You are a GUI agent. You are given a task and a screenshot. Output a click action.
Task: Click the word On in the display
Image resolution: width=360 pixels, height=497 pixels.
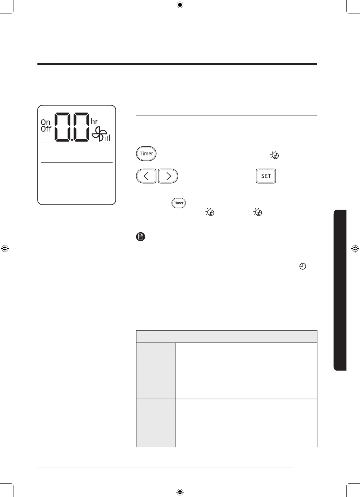pyautogui.click(x=45, y=122)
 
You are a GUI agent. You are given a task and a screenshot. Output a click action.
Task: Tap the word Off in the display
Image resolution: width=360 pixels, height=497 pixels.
pyautogui.click(x=46, y=129)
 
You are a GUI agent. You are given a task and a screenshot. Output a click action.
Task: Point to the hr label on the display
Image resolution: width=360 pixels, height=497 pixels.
pyautogui.click(x=94, y=122)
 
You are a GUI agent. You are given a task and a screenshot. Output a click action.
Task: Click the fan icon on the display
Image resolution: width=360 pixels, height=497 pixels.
pyautogui.click(x=98, y=134)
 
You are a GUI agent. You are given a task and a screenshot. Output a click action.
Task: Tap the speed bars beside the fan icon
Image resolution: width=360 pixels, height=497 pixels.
pyautogui.click(x=107, y=138)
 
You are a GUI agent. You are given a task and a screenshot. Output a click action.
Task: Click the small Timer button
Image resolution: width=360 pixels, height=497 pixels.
pyautogui.click(x=179, y=203)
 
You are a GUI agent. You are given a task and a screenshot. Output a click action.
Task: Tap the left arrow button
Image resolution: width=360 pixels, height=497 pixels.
pyautogui.click(x=146, y=176)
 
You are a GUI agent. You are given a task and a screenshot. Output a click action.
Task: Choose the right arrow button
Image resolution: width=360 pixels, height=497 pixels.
pyautogui.click(x=168, y=176)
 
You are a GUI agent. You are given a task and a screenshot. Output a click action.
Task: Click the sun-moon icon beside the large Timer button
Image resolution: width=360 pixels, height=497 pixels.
pyautogui.click(x=275, y=155)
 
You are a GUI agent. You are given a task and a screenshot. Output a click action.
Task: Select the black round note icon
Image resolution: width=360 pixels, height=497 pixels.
pyautogui.click(x=141, y=237)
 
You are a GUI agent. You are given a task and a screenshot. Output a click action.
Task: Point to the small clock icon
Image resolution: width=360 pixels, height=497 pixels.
pyautogui.click(x=303, y=266)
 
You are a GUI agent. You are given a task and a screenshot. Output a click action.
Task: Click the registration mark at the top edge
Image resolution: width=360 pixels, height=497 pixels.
pyautogui.click(x=180, y=5)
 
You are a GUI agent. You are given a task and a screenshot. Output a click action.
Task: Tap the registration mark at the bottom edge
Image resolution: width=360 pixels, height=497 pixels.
pyautogui.click(x=180, y=492)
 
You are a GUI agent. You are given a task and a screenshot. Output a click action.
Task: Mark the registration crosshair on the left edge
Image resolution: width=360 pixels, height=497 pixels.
pyautogui.click(x=5, y=249)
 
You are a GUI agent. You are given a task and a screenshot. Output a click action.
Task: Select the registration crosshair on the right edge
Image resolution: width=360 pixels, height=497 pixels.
pyautogui.click(x=355, y=249)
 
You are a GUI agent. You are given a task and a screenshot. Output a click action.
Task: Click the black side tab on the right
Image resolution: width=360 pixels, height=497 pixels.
pyautogui.click(x=340, y=290)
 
